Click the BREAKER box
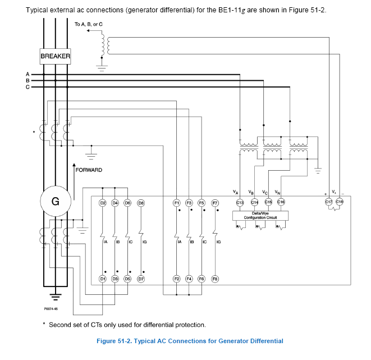point(55,56)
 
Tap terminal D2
point(103,202)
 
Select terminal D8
point(140,202)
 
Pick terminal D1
point(103,279)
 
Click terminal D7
point(140,279)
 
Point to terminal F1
point(176,202)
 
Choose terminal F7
point(214,202)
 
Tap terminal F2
point(176,279)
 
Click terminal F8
point(214,279)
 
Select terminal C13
point(240,202)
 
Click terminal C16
point(281,202)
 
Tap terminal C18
point(340,202)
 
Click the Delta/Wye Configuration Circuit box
point(259,216)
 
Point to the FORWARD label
point(89,170)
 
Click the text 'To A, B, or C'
point(88,25)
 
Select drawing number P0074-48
point(52,308)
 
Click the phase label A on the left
point(27,74)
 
